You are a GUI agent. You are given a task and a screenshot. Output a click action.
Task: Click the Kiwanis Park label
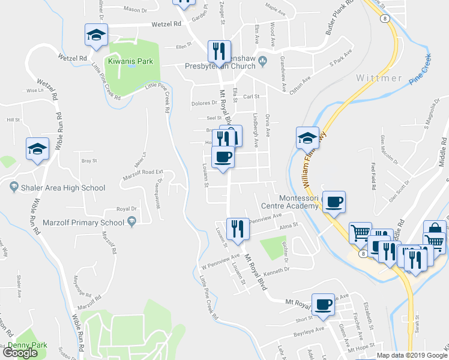click(130, 61)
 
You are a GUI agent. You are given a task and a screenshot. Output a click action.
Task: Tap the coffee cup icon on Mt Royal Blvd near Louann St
click(222, 157)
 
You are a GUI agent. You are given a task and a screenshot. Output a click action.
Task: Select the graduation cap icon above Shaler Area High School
click(37, 149)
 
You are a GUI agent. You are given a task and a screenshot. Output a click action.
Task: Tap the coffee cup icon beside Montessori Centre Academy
click(334, 202)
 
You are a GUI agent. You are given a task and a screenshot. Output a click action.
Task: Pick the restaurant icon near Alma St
click(238, 230)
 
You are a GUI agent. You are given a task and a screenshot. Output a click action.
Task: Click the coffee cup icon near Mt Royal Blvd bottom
click(323, 304)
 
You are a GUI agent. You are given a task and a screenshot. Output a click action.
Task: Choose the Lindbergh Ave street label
click(255, 128)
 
